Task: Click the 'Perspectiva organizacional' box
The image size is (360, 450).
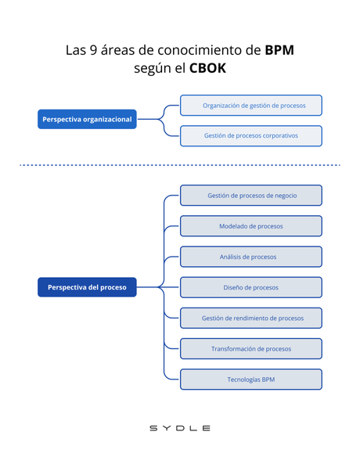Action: tap(87, 120)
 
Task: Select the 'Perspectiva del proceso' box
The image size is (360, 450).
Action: tap(87, 287)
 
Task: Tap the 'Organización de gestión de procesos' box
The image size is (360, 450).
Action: tap(251, 105)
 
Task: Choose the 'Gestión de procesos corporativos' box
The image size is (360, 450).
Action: tap(251, 135)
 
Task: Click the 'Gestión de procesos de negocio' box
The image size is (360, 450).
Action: tap(251, 196)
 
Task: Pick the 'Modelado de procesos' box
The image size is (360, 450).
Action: tap(251, 226)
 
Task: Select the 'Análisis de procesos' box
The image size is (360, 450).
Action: tap(251, 257)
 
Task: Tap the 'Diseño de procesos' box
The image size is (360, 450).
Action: tap(251, 287)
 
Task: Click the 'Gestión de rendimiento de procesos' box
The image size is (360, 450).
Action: tap(251, 318)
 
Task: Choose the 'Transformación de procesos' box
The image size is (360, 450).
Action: tap(251, 348)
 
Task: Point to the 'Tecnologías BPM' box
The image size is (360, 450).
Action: tap(251, 379)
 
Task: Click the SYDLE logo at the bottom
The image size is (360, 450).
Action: tap(180, 428)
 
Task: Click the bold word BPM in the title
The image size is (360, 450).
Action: tap(279, 50)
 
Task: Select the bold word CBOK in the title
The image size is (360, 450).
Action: tap(207, 69)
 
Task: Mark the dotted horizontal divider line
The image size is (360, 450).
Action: tap(180, 165)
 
